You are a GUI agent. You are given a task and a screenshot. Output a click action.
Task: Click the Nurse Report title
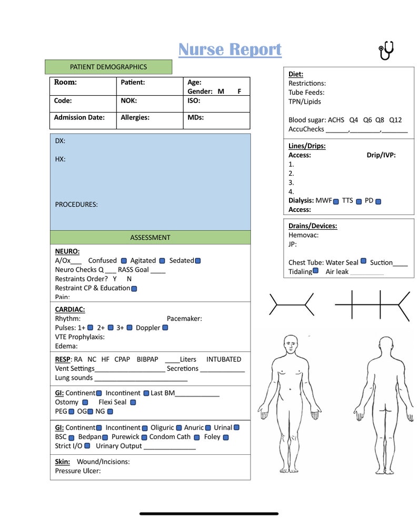tap(230, 49)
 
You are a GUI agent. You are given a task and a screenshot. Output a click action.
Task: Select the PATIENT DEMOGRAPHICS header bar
tap(108, 67)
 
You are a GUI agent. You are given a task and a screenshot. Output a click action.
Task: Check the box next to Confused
tap(124, 261)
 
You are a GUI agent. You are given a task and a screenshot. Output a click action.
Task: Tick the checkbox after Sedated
tap(198, 261)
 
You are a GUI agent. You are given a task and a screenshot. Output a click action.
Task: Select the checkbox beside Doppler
tap(165, 328)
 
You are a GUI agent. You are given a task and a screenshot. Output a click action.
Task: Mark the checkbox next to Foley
tap(225, 437)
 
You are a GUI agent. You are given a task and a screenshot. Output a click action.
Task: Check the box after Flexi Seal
tap(133, 402)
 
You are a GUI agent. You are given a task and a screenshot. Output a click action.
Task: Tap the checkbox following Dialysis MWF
tap(336, 201)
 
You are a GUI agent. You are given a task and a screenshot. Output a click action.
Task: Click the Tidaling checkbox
tap(316, 271)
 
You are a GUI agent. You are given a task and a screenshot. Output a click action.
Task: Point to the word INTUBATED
tap(224, 359)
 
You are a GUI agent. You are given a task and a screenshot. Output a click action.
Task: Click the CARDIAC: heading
tap(70, 310)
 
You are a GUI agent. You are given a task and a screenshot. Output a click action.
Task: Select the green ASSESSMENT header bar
tap(150, 238)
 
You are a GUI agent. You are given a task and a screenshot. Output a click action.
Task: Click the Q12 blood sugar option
tap(395, 120)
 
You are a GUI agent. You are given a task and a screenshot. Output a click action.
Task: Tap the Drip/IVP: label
tap(381, 155)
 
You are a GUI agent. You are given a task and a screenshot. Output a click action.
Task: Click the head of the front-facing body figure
tap(290, 344)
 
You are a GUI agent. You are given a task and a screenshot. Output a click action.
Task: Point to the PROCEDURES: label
tap(76, 205)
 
